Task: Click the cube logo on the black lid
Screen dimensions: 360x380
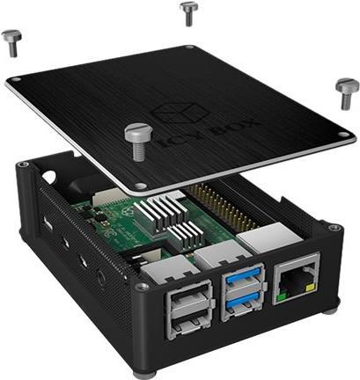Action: (180, 113)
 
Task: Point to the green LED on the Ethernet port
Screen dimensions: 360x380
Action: (282, 296)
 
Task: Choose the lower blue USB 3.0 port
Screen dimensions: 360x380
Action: (244, 304)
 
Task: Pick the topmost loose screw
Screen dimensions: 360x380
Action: (188, 14)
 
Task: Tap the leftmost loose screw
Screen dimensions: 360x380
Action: (11, 43)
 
